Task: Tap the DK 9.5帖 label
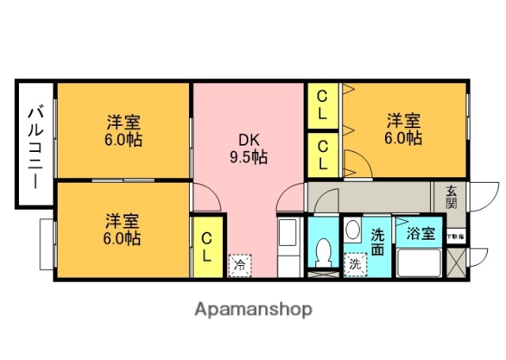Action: click(249, 147)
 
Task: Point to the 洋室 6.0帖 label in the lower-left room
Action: click(123, 228)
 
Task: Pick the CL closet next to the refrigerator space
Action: click(206, 247)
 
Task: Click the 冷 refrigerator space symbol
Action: click(239, 264)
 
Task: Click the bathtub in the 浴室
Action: click(418, 262)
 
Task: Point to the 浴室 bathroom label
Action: click(421, 233)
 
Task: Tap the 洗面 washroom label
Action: click(378, 242)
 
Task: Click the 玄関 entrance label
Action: click(451, 196)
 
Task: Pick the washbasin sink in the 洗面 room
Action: click(352, 232)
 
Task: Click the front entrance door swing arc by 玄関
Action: click(484, 195)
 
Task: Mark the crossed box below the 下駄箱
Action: click(455, 261)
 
